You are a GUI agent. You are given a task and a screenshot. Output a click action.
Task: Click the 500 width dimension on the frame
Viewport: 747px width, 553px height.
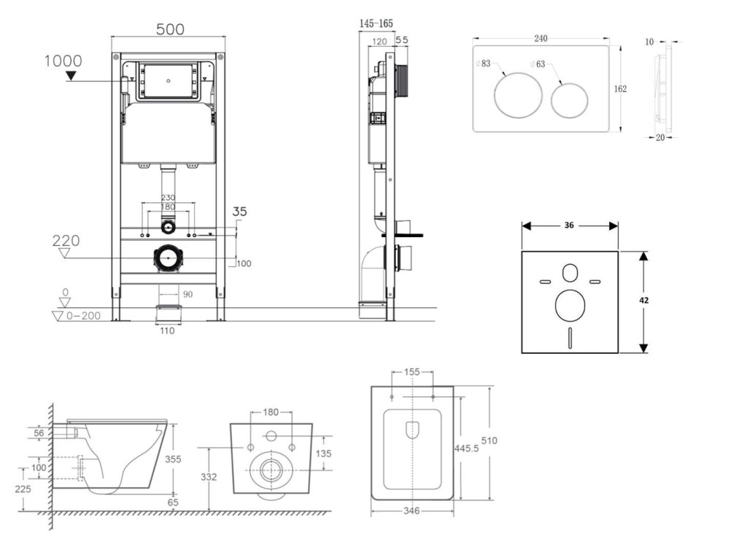pos(170,29)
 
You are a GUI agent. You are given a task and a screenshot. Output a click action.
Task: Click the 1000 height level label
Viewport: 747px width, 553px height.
pos(63,61)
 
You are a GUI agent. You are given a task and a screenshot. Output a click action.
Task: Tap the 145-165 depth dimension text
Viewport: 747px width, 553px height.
pos(376,23)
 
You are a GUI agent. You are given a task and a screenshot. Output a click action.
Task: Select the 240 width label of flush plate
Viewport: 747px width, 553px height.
pos(541,38)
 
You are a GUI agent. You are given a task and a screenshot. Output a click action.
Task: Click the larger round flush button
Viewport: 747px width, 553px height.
pos(518,96)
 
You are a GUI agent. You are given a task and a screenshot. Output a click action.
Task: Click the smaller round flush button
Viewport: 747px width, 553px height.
pos(569,101)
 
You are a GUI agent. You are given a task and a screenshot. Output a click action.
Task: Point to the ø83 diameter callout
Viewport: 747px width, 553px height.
pos(483,63)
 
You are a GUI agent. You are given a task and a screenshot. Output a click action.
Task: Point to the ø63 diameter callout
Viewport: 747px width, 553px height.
pos(538,63)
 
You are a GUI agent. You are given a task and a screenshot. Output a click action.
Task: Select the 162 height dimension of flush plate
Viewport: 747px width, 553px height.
pos(620,88)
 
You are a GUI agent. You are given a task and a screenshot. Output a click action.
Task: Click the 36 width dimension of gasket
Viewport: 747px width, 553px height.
pos(569,225)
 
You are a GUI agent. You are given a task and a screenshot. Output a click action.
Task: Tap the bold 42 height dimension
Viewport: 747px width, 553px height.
pos(643,300)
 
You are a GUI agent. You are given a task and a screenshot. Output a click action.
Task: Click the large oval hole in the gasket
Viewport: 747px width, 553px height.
pos(570,305)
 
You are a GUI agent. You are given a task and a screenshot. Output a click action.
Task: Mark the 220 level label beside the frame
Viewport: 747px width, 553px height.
pos(66,241)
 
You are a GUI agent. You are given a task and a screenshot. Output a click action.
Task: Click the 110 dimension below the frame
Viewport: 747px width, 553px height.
pos(167,330)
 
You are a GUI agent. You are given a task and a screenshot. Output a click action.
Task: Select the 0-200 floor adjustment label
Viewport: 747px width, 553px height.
pos(83,315)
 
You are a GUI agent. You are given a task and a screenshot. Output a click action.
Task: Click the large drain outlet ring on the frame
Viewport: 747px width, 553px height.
pos(168,258)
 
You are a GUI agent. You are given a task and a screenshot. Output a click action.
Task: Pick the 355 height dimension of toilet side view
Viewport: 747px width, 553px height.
pos(173,459)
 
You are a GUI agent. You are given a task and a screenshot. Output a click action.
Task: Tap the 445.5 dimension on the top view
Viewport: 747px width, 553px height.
pos(466,448)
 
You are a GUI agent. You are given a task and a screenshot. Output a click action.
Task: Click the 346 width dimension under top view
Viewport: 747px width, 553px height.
pos(411,511)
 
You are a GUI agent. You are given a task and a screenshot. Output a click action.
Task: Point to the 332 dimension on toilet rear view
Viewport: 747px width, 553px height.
pos(209,477)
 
